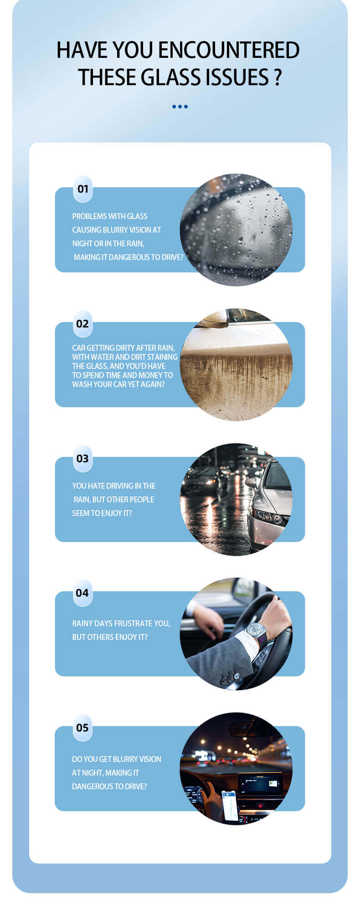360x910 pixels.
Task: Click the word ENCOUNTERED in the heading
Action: click(x=228, y=50)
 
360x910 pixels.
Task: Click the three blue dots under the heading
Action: click(x=180, y=107)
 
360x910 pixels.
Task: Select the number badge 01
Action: click(x=82, y=189)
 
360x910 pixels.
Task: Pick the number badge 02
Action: click(x=82, y=324)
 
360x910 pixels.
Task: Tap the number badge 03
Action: click(x=82, y=459)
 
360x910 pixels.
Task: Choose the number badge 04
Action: click(x=82, y=593)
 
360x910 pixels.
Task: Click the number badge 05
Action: click(x=82, y=728)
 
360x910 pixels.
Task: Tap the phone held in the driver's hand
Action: click(x=230, y=805)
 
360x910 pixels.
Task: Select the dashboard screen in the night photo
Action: click(x=260, y=783)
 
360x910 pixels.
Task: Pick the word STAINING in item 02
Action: click(x=162, y=357)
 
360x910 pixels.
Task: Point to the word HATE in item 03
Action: click(x=96, y=486)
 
